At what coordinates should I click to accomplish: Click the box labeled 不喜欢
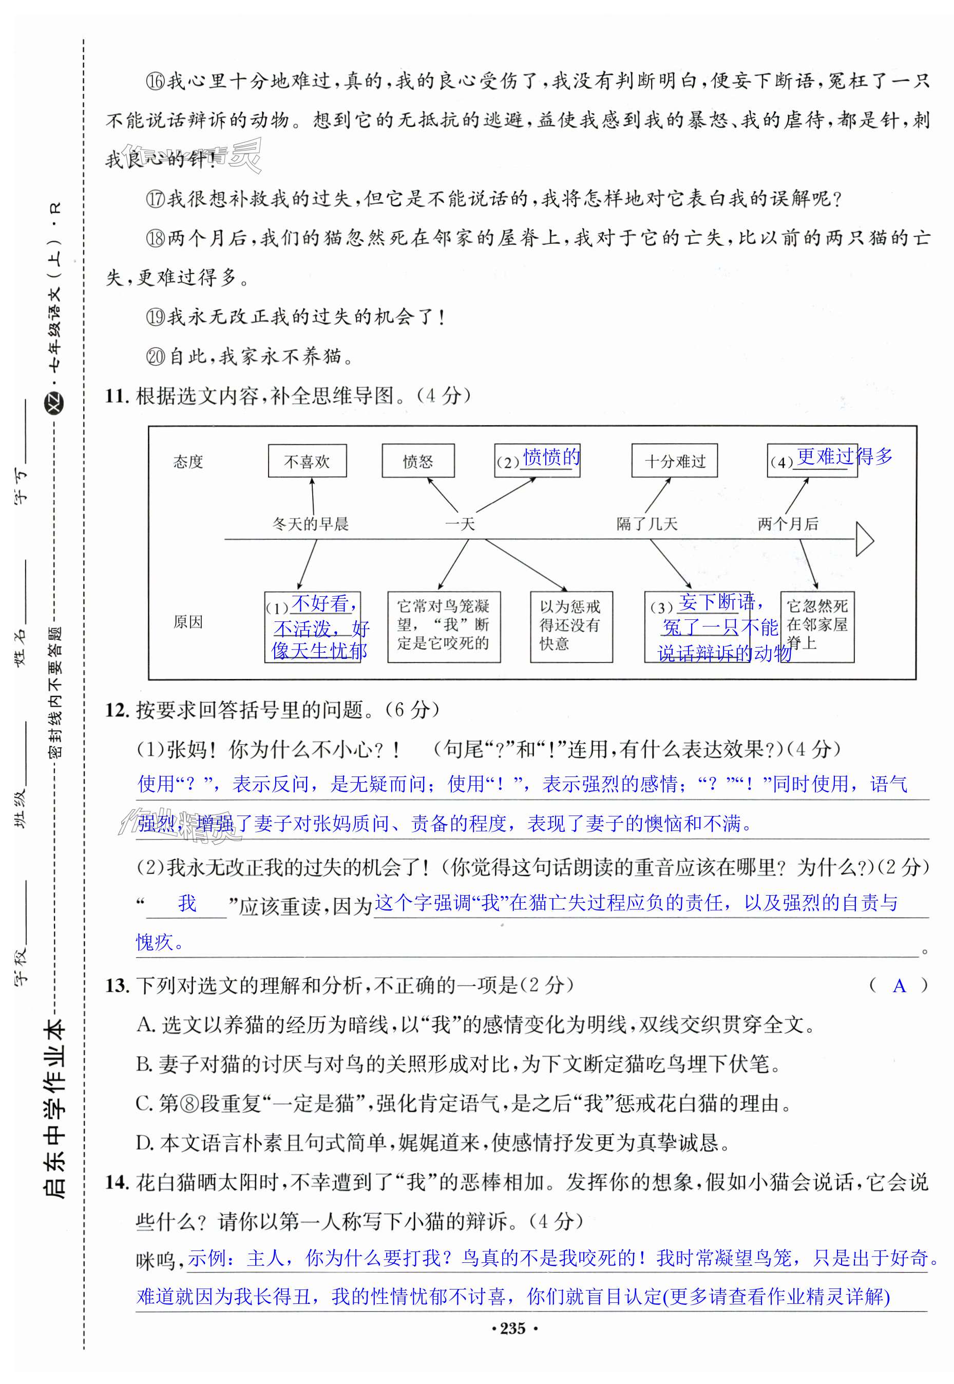pyautogui.click(x=307, y=461)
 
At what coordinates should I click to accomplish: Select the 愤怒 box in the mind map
pyautogui.click(x=418, y=461)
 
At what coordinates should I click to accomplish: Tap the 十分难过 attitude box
pyautogui.click(x=674, y=461)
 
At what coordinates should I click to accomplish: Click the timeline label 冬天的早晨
pyautogui.click(x=310, y=524)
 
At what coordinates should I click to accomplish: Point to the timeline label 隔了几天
pyautogui.click(x=647, y=524)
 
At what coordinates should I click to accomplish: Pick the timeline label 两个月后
pyautogui.click(x=787, y=524)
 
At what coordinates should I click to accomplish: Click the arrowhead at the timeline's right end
pyautogui.click(x=864, y=540)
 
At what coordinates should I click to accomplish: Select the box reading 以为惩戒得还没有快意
pyautogui.click(x=571, y=626)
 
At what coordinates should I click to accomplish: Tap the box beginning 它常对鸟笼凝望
pyautogui.click(x=444, y=626)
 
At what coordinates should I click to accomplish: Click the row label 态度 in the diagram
pyautogui.click(x=188, y=462)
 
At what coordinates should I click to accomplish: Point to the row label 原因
pyautogui.click(x=188, y=622)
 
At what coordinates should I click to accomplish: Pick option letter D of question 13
pyautogui.click(x=145, y=1143)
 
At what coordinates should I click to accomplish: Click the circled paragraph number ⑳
pyautogui.click(x=156, y=357)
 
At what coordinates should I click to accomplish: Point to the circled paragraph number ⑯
pyautogui.click(x=156, y=81)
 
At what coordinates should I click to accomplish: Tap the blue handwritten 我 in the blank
pyautogui.click(x=187, y=903)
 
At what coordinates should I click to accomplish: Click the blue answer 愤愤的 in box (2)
pyautogui.click(x=551, y=457)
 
